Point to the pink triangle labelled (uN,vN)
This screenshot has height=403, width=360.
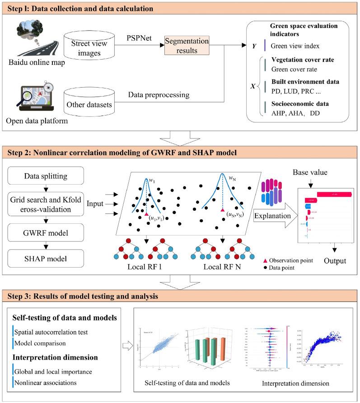pyautogui.click(x=222, y=210)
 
